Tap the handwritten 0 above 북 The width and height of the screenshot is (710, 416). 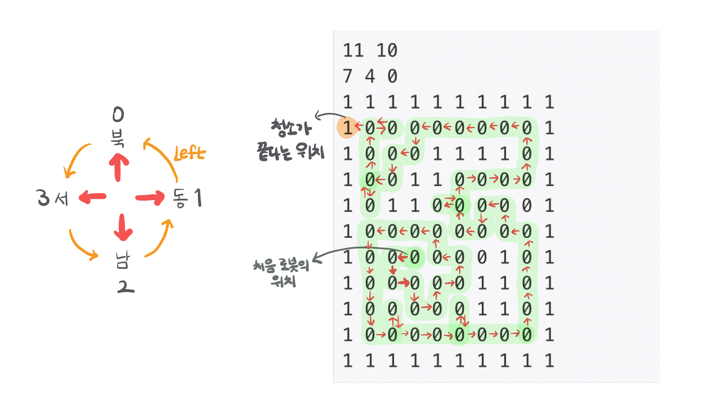pyautogui.click(x=118, y=114)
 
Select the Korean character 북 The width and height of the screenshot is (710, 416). pyautogui.click(x=118, y=138)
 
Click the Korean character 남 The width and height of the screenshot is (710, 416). pyautogui.click(x=123, y=260)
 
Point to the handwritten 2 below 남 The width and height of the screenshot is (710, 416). pyautogui.click(x=125, y=287)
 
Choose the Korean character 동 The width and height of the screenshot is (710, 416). pyautogui.click(x=181, y=198)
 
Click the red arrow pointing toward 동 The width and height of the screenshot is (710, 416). pyautogui.click(x=150, y=197)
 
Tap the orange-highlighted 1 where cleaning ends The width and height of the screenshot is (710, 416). pyautogui.click(x=347, y=127)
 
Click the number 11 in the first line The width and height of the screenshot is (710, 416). pyautogui.click(x=353, y=50)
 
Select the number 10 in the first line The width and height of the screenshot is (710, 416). pyautogui.click(x=387, y=50)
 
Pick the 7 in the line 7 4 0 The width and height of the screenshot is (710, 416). pyautogui.click(x=348, y=76)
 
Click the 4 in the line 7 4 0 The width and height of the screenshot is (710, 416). pyautogui.click(x=370, y=76)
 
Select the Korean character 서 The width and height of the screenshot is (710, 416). pyautogui.click(x=61, y=198)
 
